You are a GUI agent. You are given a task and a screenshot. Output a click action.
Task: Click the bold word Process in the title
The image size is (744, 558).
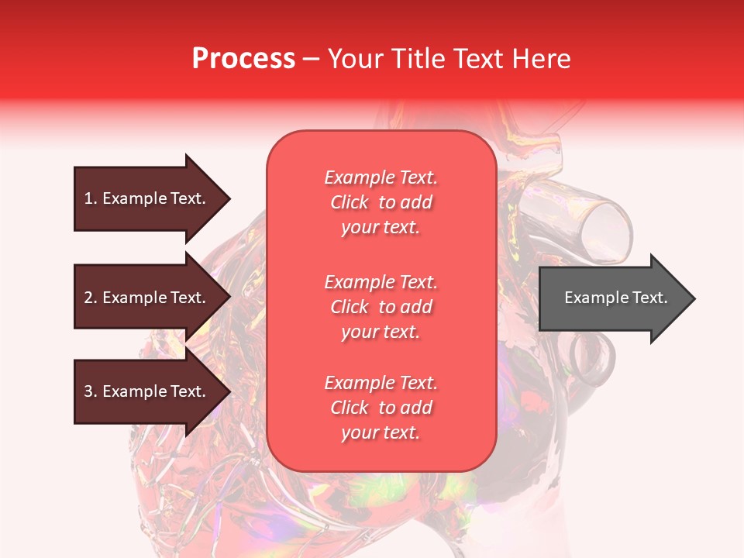243,59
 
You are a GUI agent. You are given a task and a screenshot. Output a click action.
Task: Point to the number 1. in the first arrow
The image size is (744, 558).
91,198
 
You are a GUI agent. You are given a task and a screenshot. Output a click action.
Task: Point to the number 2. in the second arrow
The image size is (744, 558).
91,298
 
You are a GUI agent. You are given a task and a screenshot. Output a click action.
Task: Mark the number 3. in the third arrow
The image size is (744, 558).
91,391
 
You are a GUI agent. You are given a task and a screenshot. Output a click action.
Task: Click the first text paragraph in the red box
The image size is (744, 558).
381,202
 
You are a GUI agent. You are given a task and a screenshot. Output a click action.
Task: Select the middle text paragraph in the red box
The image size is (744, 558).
381,307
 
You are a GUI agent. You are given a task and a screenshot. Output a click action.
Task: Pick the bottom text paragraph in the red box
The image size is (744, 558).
381,408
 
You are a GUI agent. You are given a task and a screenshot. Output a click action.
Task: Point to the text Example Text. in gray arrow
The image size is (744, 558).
615,298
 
